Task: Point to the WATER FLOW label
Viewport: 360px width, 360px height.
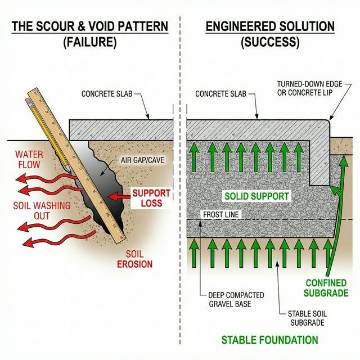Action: tap(29, 159)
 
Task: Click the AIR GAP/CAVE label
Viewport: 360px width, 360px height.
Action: tap(147, 161)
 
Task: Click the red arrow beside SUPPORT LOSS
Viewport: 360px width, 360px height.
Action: tap(118, 197)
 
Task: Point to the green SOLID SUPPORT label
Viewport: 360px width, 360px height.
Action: tap(256, 196)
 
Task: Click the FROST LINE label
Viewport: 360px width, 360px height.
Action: tap(220, 215)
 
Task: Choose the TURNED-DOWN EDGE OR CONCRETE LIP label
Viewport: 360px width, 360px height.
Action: tap(313, 88)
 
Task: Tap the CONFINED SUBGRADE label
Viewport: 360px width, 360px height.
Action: tap(326, 288)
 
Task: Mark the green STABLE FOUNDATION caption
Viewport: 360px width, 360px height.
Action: tap(269, 340)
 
